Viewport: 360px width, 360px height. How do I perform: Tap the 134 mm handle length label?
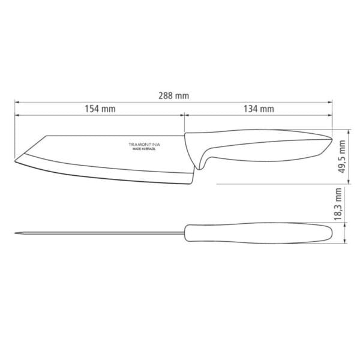(x=259, y=109)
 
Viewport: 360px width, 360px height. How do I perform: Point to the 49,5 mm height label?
(x=341, y=156)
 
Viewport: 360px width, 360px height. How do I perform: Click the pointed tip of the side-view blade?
(x=14, y=159)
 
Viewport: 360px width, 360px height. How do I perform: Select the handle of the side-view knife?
(x=258, y=147)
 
